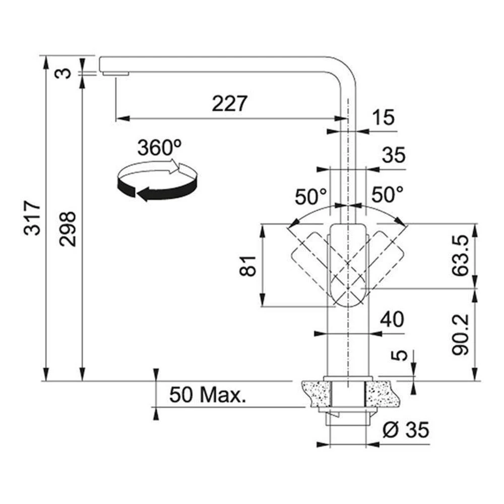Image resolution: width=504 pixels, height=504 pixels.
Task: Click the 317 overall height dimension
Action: point(32,218)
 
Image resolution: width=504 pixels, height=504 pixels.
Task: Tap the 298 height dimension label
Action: point(68,229)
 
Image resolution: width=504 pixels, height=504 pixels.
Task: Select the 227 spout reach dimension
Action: point(229,103)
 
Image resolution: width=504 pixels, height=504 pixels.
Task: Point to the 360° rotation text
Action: point(159,148)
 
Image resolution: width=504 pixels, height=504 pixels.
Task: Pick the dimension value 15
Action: point(383,117)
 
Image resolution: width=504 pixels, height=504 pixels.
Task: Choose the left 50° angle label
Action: point(311,197)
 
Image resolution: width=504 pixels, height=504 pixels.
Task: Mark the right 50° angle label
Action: point(387,195)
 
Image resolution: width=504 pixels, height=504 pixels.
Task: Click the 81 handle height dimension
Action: point(248,266)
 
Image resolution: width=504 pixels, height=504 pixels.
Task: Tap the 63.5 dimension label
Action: point(460,256)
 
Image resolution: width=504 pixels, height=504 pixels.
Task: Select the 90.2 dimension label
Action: point(460,335)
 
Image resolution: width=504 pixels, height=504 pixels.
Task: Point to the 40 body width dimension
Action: point(392,319)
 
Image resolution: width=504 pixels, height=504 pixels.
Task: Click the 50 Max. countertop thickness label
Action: point(208,395)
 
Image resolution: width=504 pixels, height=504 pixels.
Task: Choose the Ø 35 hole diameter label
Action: point(406,429)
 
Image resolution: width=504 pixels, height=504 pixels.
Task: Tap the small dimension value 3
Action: point(62,73)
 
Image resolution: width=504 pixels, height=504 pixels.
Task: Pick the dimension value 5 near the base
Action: point(399,355)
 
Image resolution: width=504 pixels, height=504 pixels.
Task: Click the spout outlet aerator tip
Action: point(116,74)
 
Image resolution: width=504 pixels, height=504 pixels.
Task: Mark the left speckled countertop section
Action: point(316,394)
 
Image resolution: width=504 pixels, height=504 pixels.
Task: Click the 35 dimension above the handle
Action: point(394,155)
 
